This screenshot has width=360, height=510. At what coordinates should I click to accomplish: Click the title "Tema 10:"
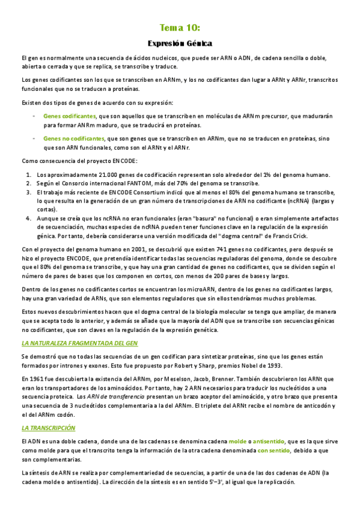coord(180,28)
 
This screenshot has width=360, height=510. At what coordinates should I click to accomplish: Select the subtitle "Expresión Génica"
coord(180,43)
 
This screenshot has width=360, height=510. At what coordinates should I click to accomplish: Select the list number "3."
coord(28,192)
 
